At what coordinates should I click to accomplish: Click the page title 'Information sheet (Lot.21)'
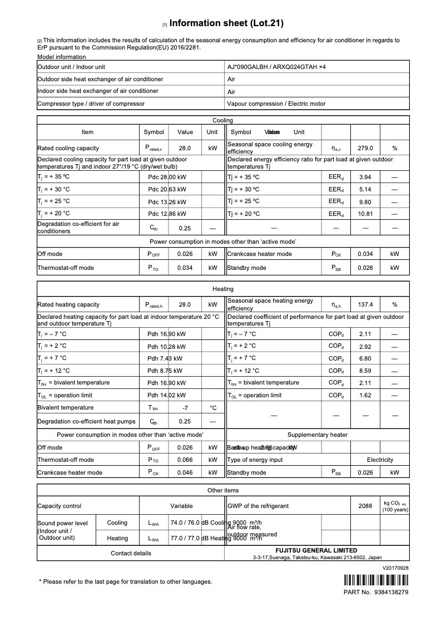(226, 23)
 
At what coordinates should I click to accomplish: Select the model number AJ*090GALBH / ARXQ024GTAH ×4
(276, 67)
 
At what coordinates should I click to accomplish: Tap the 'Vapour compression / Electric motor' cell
(276, 103)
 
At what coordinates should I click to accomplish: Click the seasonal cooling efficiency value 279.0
(365, 149)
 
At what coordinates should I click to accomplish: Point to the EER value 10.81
(365, 214)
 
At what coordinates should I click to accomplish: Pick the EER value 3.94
(365, 177)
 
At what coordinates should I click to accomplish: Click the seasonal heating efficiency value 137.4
(365, 305)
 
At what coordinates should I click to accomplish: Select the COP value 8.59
(365, 371)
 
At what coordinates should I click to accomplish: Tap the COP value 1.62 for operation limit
(365, 396)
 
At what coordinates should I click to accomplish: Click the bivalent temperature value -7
(185, 408)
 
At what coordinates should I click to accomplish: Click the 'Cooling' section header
(223, 120)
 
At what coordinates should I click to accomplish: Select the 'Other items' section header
(223, 490)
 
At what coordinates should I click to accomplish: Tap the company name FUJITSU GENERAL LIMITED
(317, 550)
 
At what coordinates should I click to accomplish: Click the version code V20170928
(395, 568)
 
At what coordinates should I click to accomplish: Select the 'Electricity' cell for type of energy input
(380, 460)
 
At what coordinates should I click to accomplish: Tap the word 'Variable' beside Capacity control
(181, 506)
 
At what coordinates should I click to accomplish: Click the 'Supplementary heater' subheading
(317, 435)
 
